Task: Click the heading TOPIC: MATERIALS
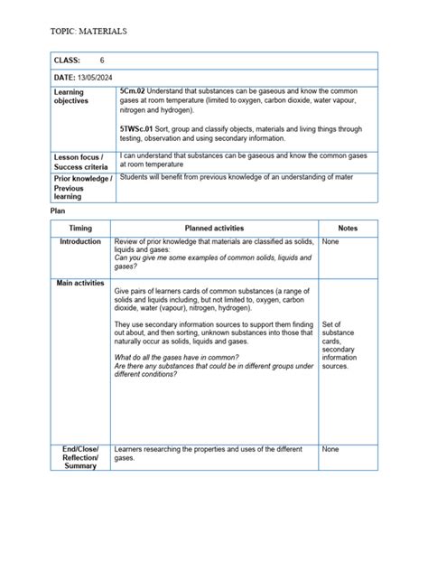click(88, 32)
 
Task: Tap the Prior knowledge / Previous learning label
click(82, 187)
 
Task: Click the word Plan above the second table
click(58, 210)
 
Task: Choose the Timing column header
click(80, 229)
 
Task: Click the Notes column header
click(348, 229)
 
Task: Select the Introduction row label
click(80, 243)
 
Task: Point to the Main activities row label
click(80, 283)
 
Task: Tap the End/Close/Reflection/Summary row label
click(80, 457)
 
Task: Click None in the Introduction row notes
click(330, 243)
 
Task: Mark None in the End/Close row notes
click(330, 449)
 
